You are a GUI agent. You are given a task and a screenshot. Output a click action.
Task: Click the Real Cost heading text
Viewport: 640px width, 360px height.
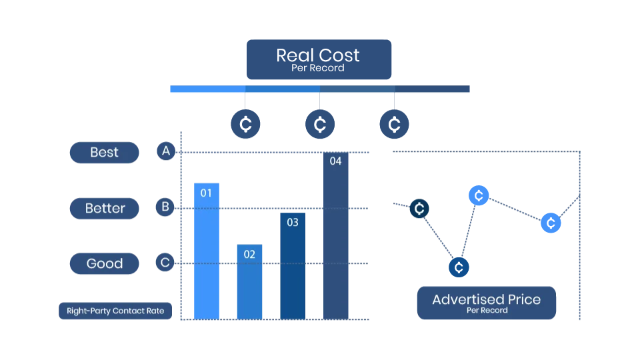(x=318, y=55)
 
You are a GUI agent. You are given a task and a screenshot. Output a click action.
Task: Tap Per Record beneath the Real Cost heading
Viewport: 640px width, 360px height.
(x=318, y=68)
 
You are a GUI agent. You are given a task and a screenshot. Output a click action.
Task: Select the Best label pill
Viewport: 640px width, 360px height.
(x=104, y=153)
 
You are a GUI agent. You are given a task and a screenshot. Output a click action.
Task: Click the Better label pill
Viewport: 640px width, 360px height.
(x=105, y=208)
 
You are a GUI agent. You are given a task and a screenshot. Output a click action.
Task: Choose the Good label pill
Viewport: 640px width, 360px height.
(x=105, y=263)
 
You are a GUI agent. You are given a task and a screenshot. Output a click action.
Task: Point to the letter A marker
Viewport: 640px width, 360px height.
(x=166, y=151)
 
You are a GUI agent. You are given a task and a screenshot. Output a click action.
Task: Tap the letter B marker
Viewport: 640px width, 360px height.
(x=165, y=207)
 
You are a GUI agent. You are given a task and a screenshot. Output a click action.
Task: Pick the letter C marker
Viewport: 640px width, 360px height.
(x=165, y=263)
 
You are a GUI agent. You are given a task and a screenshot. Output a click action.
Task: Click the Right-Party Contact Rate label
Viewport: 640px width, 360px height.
(x=115, y=311)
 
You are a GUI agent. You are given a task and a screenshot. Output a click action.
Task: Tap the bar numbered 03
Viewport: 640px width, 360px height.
(x=293, y=267)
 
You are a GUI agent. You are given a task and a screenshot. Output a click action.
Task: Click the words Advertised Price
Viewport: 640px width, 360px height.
(x=486, y=299)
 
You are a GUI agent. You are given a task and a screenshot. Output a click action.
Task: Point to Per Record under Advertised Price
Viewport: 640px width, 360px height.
(x=487, y=311)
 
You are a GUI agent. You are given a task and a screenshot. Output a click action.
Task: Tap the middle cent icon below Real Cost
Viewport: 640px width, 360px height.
(x=320, y=125)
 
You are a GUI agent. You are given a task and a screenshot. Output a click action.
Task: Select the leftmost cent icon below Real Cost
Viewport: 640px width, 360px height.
(x=245, y=125)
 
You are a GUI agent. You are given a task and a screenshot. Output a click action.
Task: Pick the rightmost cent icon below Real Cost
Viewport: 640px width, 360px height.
(x=394, y=125)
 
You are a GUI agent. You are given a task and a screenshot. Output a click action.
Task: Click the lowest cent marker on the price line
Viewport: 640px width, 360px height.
(x=459, y=267)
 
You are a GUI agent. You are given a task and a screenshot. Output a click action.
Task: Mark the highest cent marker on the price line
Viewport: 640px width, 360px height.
(x=477, y=195)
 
